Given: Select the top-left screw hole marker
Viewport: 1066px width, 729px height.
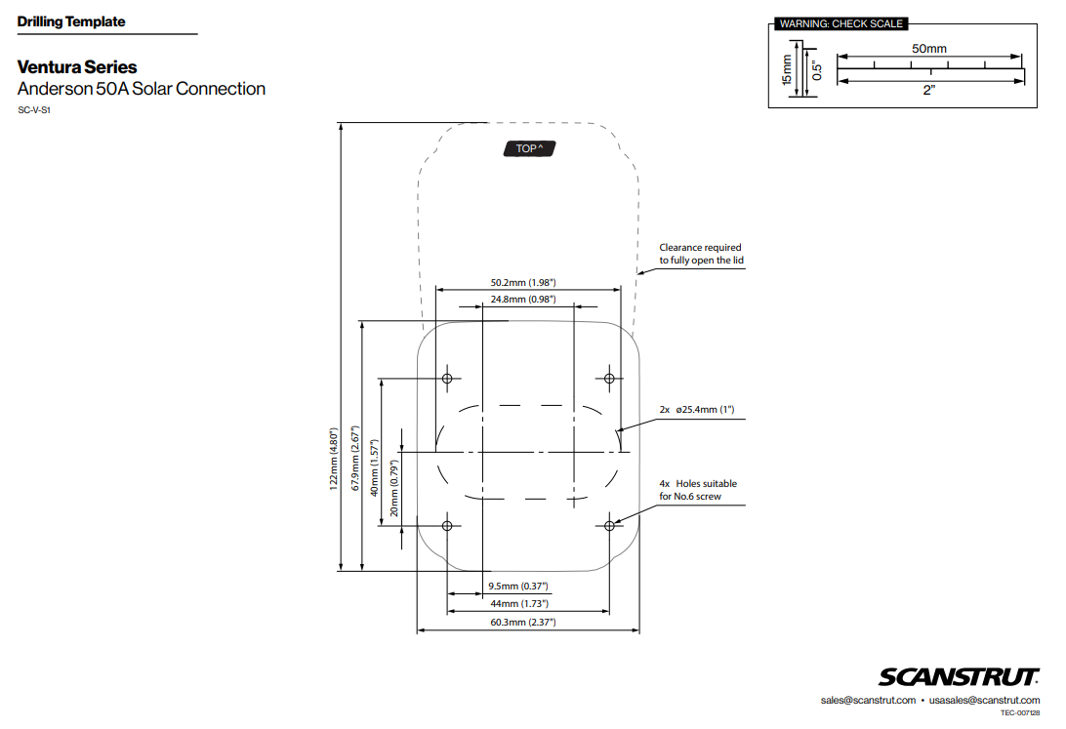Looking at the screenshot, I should (x=448, y=378).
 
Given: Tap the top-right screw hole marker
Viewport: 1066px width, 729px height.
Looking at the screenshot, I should (x=609, y=378).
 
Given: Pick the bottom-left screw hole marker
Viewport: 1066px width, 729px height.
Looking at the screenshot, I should (x=448, y=526).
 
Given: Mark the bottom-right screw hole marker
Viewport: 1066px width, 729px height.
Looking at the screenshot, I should (x=609, y=526).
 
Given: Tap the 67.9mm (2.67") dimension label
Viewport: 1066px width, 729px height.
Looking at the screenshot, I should (x=355, y=458).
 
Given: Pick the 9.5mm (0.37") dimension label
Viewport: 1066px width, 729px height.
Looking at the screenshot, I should (x=517, y=587).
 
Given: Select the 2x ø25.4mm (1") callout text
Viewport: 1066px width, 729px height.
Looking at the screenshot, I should (x=696, y=410).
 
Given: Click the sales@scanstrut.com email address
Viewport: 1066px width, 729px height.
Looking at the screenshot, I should (x=868, y=701).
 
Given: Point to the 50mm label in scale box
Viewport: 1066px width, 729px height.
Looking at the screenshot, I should (x=928, y=49).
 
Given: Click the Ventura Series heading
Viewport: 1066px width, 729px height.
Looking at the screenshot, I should (x=77, y=67).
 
